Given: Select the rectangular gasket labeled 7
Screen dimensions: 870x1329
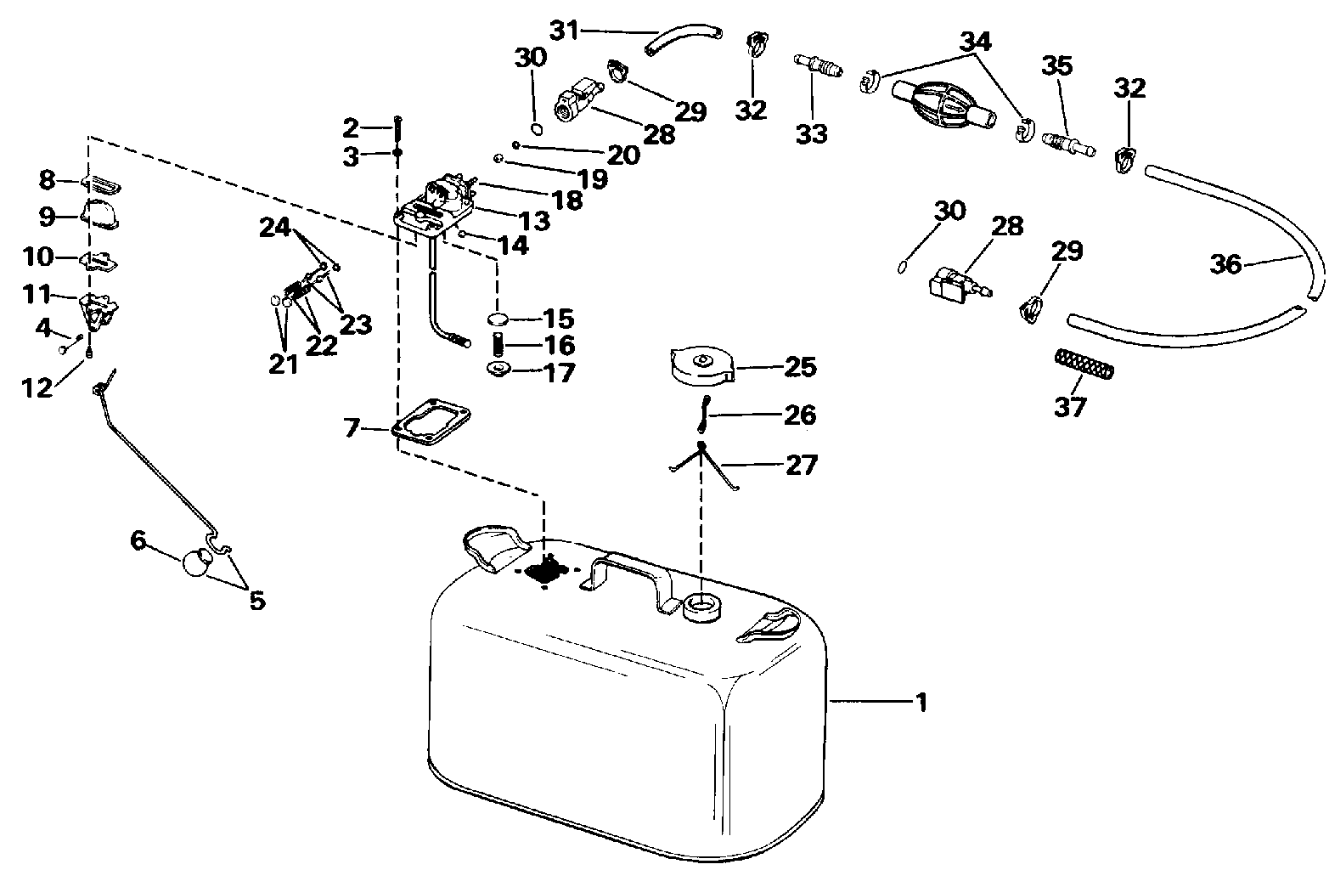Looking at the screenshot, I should [432, 422].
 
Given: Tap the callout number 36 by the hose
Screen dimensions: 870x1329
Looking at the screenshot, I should [1226, 264].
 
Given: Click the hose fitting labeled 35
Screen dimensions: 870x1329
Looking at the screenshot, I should [1063, 138].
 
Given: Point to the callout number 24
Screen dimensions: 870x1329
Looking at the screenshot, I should [275, 228].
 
